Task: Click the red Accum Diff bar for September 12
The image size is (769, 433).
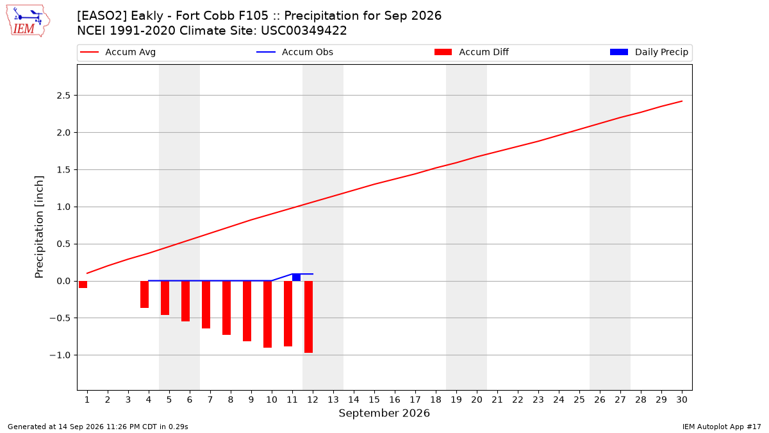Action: [x=309, y=317]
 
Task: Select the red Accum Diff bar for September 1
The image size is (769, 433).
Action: [x=83, y=285]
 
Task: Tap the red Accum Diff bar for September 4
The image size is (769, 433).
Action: [x=145, y=294]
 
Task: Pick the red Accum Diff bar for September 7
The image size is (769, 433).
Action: [x=206, y=305]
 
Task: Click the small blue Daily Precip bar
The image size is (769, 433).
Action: [x=296, y=277]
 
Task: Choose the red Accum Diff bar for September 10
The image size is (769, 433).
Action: [x=267, y=314]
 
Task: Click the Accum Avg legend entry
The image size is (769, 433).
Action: [x=118, y=52]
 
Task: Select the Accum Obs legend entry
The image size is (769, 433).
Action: [x=295, y=52]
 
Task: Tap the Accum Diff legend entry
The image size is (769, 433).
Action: [x=472, y=52]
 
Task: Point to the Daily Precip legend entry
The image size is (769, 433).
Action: [x=649, y=52]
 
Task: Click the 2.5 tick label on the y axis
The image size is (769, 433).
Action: [x=63, y=96]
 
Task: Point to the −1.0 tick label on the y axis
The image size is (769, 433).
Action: [x=60, y=355]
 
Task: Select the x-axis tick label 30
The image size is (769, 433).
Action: [x=682, y=400]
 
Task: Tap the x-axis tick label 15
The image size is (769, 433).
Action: [x=374, y=400]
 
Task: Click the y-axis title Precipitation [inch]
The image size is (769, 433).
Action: [x=39, y=227]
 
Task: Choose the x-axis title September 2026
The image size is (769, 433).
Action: [x=384, y=413]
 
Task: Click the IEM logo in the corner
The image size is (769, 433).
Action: [x=28, y=21]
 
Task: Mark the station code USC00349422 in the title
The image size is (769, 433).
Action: [x=304, y=31]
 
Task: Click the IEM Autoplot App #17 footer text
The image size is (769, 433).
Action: [x=722, y=427]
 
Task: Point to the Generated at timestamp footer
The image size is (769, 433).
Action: [x=98, y=427]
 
